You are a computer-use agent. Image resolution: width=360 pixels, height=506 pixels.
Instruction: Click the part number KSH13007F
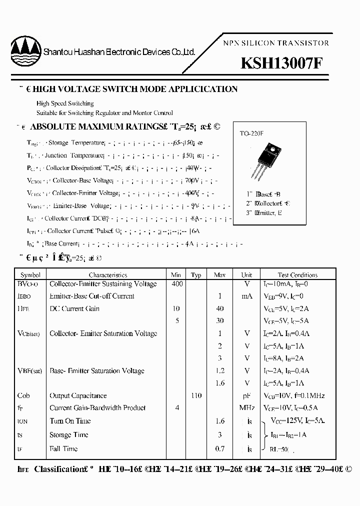coord(282,63)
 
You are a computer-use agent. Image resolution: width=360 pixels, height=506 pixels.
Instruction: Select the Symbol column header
coord(30,274)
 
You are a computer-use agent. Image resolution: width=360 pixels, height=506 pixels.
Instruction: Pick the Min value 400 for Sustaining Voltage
coord(177,284)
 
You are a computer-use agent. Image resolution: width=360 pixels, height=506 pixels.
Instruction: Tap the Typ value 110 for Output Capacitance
coord(196,395)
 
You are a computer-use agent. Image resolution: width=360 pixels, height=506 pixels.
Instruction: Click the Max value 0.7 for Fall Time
coord(219,448)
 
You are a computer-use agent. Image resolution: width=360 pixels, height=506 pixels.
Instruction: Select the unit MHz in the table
coord(247,408)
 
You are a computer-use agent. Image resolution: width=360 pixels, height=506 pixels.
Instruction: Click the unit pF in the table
coord(247,395)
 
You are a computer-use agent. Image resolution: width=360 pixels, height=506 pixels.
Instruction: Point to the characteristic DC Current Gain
coord(74,308)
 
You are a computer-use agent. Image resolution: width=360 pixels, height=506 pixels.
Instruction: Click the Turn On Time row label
coord(70,421)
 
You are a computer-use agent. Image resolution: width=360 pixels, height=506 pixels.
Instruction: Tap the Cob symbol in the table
coord(23,395)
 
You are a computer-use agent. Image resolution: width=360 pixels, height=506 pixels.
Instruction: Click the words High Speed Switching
coord(65,103)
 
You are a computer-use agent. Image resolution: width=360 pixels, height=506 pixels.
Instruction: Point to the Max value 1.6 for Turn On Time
coord(219,421)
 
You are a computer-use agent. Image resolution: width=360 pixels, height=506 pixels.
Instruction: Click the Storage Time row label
coord(69,435)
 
